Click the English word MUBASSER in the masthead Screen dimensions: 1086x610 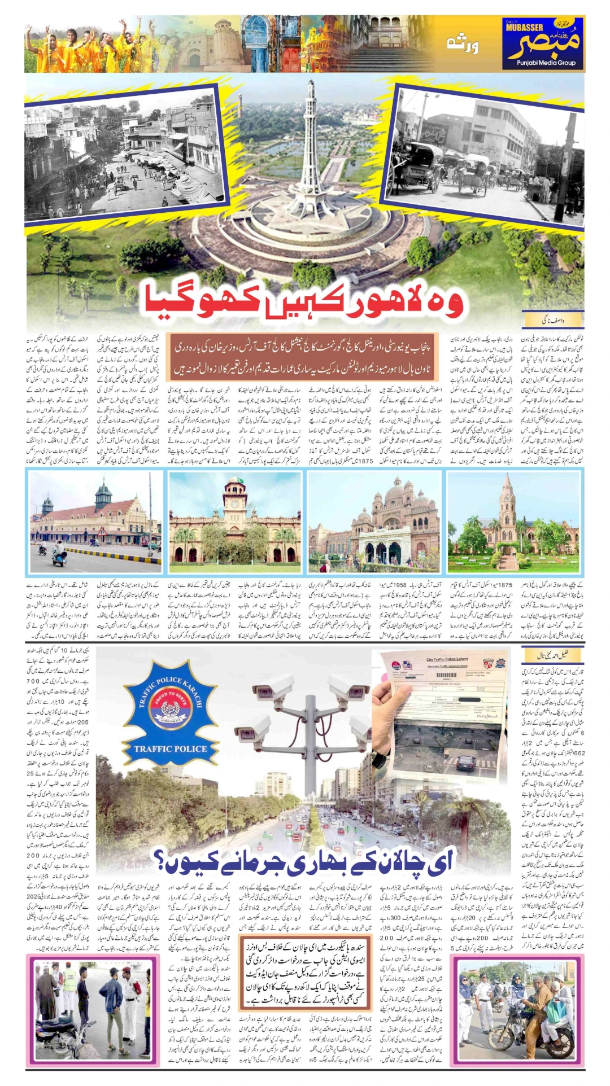pyautogui.click(x=524, y=28)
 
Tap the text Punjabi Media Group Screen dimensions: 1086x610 pyautogui.click(x=546, y=63)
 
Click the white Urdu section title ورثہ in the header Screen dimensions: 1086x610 pyautogui.click(x=463, y=45)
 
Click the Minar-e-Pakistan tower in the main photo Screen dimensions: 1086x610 pyautogui.click(x=310, y=147)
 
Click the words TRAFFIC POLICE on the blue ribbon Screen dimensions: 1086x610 pyautogui.click(x=171, y=749)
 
